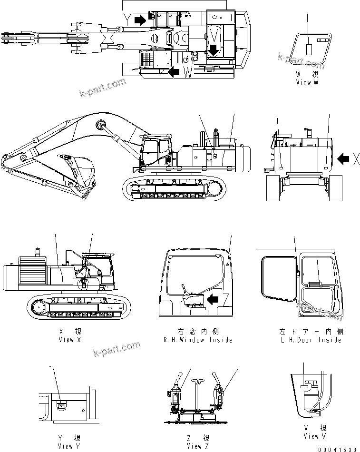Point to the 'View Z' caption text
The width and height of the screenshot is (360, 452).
[195, 446]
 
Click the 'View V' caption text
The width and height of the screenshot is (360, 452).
[315, 436]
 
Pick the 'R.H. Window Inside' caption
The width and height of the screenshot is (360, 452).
[197, 340]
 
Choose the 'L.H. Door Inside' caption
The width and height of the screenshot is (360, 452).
[311, 340]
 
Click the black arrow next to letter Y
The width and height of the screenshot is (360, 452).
[140, 20]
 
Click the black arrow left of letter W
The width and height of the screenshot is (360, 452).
[174, 71]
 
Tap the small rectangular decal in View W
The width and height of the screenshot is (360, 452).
[308, 49]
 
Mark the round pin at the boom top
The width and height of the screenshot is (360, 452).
[100, 125]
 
